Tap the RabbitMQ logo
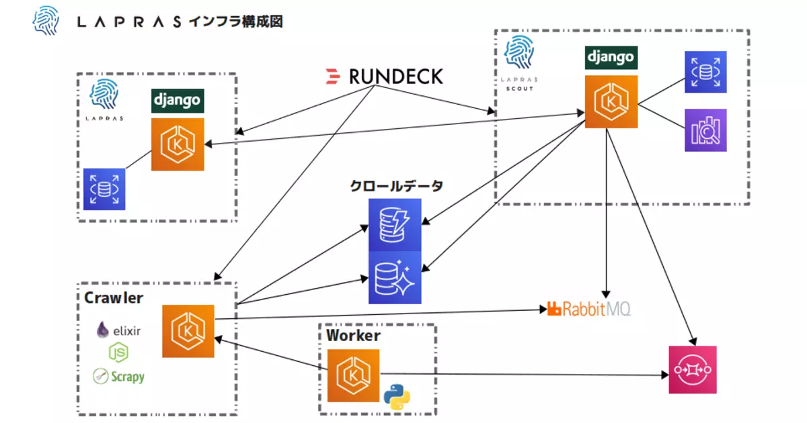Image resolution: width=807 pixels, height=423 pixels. coord(588,309)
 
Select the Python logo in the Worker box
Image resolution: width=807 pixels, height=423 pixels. coord(397,397)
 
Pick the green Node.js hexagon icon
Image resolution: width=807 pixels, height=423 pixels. coord(118,352)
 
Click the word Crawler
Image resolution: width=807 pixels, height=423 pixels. coord(114,298)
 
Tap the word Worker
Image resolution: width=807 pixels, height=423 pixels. coord(353,336)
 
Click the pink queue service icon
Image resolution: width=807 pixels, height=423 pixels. coord(693,370)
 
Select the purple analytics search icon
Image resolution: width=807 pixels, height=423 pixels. coord(705,130)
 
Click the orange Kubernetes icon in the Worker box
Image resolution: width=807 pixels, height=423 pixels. coord(353,375)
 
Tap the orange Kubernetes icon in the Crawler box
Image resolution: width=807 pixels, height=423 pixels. coord(188,331)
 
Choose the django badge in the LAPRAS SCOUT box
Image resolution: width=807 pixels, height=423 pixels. coord(611,58)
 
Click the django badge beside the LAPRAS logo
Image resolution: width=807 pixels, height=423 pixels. coord(178,101)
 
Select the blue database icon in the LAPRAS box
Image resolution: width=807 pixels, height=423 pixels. coord(104,189)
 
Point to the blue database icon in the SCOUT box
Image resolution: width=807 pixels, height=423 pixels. coord(705,72)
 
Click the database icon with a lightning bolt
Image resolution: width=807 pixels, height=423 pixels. coord(395,225)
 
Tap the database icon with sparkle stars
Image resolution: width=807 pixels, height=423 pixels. coord(395,278)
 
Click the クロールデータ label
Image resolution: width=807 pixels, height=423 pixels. coord(396,186)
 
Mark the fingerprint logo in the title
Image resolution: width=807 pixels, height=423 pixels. coord(46,21)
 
